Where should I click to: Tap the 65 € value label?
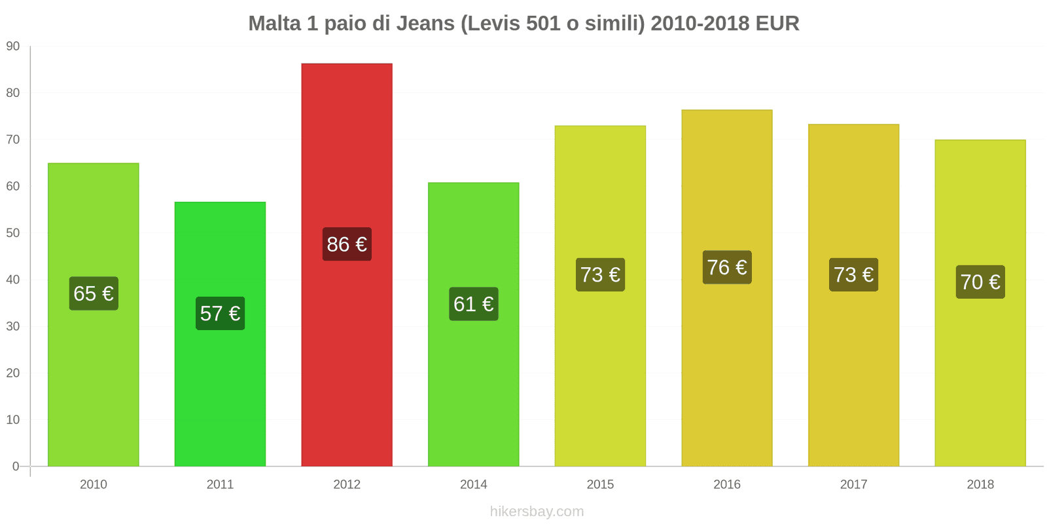tap(94, 293)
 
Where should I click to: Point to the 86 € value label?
tap(347, 244)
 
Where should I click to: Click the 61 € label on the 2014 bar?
tap(473, 304)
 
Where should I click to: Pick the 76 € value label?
tap(727, 267)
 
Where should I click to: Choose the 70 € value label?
tap(980, 282)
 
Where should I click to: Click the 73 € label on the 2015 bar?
tap(600, 274)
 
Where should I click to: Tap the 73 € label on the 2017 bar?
tap(853, 274)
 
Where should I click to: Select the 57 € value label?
tap(220, 314)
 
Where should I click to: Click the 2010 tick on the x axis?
tap(94, 485)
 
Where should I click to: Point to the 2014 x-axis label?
tap(473, 485)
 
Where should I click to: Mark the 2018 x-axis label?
tap(980, 485)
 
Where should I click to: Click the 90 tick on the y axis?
tap(13, 47)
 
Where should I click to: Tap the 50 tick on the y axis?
tap(13, 233)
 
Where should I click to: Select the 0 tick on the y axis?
tap(16, 466)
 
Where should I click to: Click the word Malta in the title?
tap(274, 24)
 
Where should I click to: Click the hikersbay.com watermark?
tap(537, 512)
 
